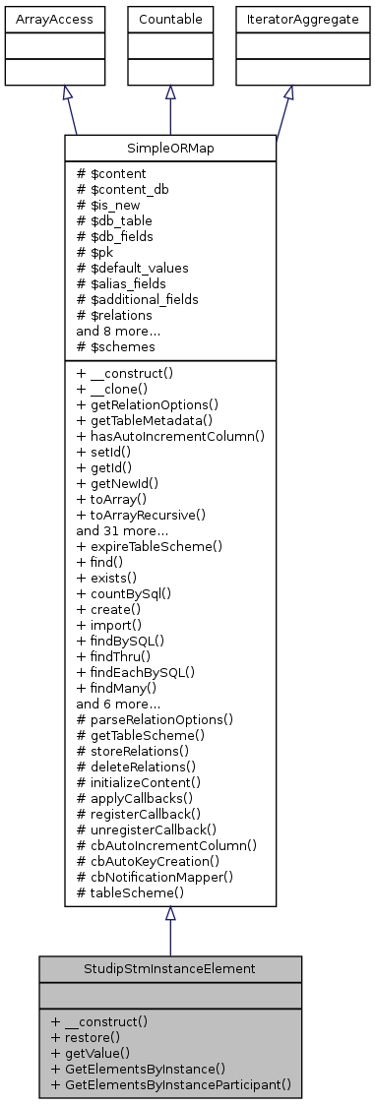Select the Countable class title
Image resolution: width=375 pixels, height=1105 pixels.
click(x=170, y=19)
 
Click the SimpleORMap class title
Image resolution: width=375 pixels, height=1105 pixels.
click(x=170, y=145)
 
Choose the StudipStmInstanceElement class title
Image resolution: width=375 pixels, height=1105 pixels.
click(x=170, y=967)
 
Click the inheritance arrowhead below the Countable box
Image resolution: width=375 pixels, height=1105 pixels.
click(x=170, y=92)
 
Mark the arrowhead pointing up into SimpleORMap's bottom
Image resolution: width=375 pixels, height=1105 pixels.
click(x=170, y=913)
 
